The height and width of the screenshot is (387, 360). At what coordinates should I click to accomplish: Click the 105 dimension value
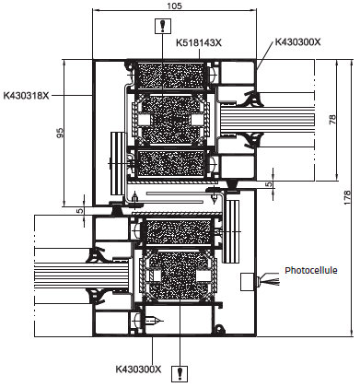click(x=172, y=6)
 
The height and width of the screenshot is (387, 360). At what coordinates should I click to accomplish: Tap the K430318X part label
click(x=27, y=94)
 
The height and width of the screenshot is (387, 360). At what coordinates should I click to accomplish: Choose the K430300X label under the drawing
click(x=138, y=369)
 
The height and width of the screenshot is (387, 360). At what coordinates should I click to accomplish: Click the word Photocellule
click(x=312, y=271)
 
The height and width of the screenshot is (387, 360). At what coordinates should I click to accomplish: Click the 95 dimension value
click(x=61, y=133)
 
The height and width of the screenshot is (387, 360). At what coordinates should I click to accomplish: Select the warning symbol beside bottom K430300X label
click(x=182, y=372)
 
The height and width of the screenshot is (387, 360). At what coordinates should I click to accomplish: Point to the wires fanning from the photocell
click(x=269, y=281)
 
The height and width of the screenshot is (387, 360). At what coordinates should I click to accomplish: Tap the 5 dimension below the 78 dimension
click(x=269, y=184)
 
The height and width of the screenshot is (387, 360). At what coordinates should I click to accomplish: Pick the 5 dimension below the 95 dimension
click(x=80, y=210)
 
